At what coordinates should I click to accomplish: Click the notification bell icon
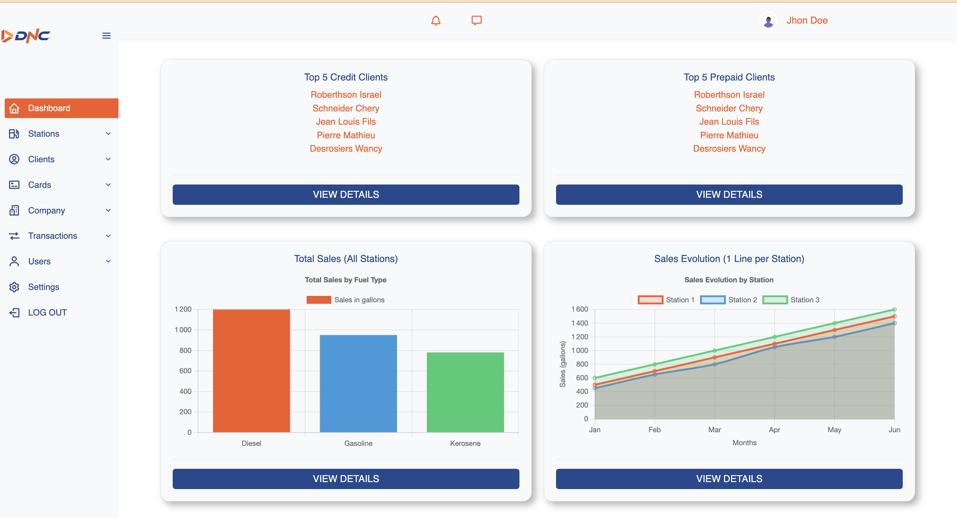(436, 20)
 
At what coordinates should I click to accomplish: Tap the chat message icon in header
(477, 20)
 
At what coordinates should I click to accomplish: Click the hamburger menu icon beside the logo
(106, 36)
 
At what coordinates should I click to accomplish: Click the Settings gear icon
(14, 287)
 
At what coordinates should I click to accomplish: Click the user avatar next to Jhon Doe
(768, 20)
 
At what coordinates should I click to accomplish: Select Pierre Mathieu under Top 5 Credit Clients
(346, 135)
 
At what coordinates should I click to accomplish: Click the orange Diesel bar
(252, 371)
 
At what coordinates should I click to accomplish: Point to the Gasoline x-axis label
(358, 444)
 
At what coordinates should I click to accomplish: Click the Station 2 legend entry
(728, 300)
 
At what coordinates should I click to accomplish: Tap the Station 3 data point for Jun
(894, 309)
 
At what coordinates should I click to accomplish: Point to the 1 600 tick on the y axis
(580, 309)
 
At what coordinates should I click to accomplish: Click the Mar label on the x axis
(714, 430)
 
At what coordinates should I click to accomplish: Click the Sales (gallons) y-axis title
(562, 364)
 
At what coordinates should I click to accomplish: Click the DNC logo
(26, 36)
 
